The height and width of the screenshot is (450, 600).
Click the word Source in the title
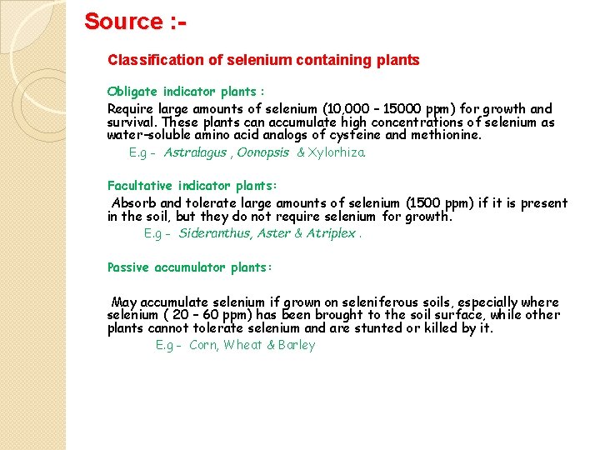122,21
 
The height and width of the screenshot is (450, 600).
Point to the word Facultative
139,187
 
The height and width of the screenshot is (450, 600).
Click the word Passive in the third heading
128,267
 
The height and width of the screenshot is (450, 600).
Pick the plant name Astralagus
195,152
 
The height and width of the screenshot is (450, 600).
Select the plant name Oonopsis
263,152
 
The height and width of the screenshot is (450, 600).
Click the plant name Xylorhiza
337,152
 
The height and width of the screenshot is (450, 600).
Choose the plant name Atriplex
331,233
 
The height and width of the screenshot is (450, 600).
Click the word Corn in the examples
203,345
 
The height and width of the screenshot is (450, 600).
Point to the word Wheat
242,345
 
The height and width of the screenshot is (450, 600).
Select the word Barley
297,345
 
